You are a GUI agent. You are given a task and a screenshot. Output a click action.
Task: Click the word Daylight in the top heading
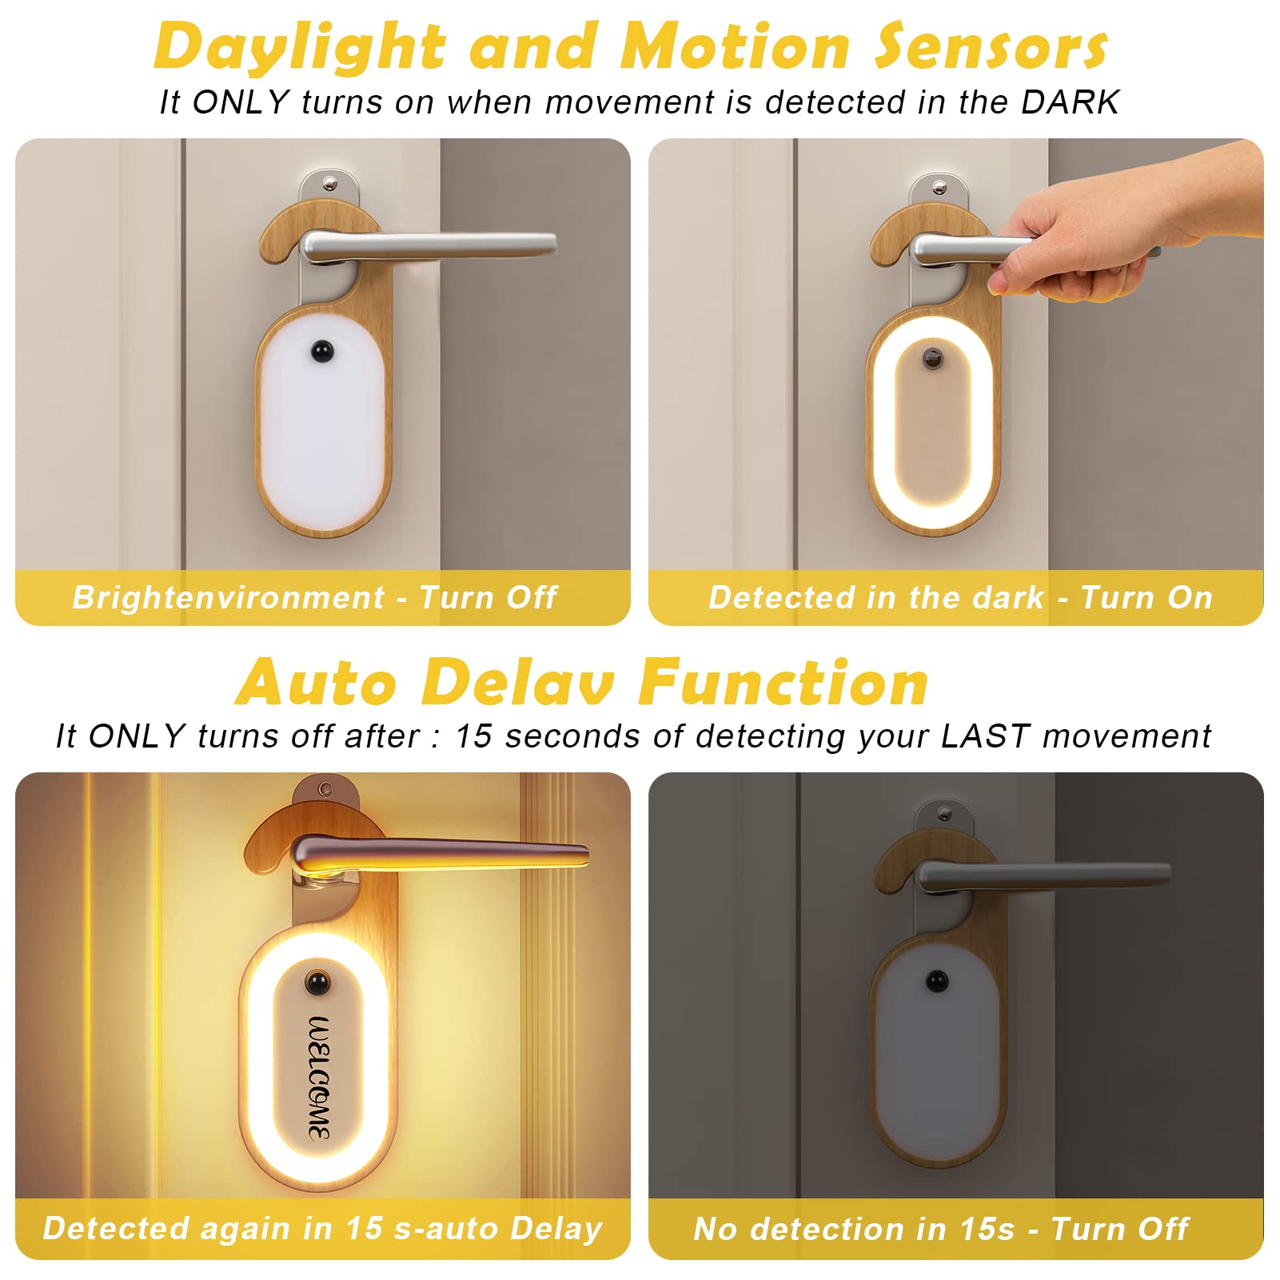[300, 46]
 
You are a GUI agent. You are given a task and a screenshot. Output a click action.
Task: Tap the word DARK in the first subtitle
[1070, 102]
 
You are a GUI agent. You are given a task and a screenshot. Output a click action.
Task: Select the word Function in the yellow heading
[784, 684]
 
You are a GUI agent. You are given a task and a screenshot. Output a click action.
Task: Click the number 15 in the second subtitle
[474, 736]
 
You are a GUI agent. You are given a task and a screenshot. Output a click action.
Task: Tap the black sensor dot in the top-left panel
[322, 350]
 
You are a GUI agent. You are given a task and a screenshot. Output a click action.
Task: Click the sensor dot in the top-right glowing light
[933, 359]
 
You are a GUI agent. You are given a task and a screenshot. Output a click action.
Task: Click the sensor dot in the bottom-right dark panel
[936, 980]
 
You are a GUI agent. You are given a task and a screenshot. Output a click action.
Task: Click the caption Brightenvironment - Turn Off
[315, 597]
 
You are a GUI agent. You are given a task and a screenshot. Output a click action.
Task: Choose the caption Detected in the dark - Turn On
[960, 597]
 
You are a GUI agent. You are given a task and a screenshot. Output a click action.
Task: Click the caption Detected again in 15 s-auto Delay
[322, 1228]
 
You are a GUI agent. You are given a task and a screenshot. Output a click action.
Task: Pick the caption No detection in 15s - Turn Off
[941, 1228]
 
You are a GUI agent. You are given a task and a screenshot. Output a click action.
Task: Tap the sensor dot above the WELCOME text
[318, 980]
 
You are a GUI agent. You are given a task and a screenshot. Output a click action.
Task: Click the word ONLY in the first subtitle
[241, 102]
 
